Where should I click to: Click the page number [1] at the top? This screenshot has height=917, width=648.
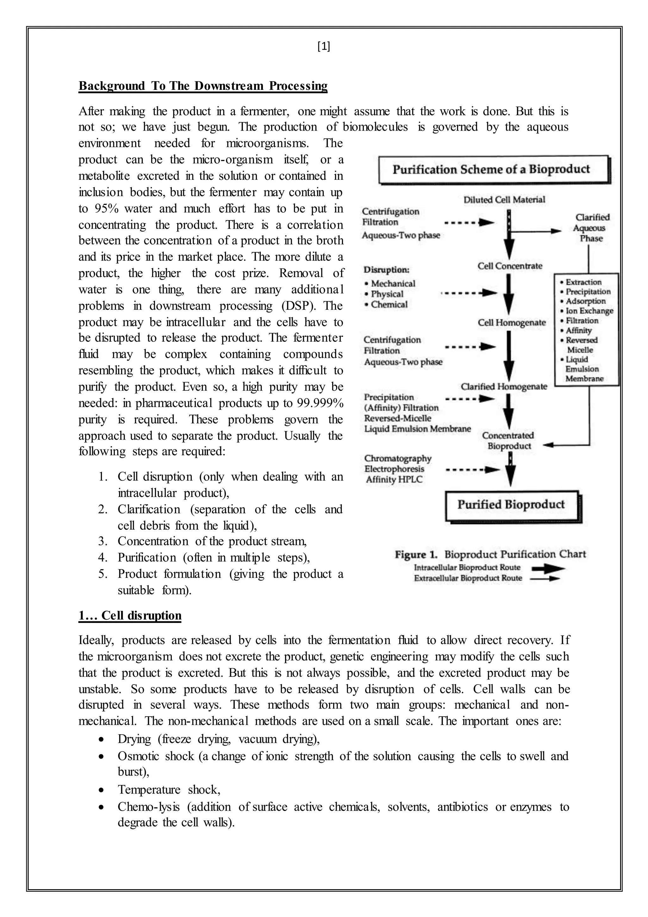click(x=324, y=47)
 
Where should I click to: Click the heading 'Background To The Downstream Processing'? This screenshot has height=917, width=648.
click(x=203, y=86)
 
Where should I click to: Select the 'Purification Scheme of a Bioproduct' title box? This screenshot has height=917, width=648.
click(x=494, y=169)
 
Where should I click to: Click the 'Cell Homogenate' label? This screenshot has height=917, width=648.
click(x=512, y=323)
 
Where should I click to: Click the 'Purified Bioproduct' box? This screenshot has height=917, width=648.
click(x=512, y=505)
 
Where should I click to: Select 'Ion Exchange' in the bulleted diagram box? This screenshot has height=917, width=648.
click(x=589, y=311)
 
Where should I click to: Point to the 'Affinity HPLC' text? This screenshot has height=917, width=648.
click(x=394, y=480)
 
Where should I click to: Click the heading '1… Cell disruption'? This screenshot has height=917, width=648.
click(x=130, y=616)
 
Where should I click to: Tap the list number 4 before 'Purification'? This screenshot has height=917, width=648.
click(x=103, y=558)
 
